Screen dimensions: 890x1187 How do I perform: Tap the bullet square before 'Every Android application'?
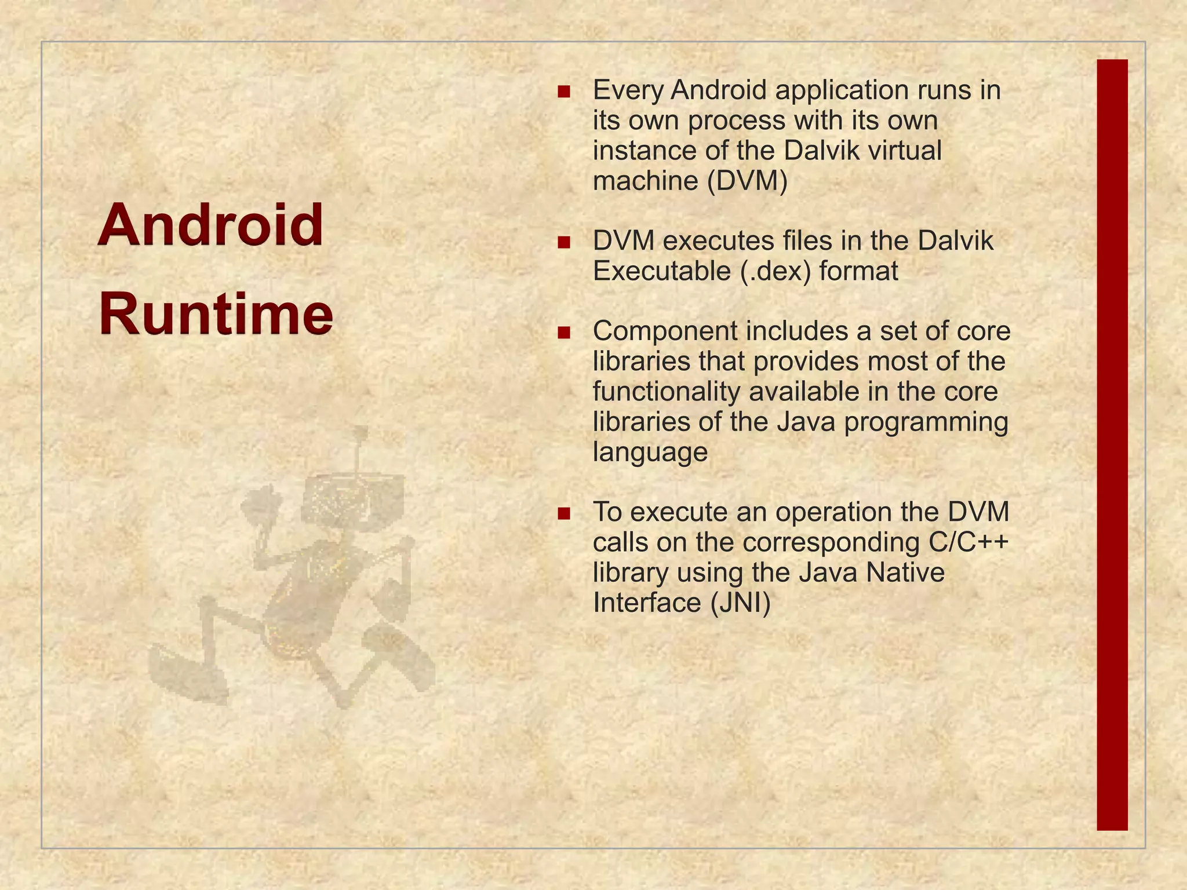(x=563, y=92)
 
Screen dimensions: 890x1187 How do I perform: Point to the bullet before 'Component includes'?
(x=563, y=333)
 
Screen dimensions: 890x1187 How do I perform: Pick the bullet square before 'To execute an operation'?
(x=563, y=513)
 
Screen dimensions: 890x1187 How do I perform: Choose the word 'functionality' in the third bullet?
(x=667, y=392)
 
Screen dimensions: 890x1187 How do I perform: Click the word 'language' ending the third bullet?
(x=650, y=452)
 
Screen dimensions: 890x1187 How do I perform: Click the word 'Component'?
(x=665, y=331)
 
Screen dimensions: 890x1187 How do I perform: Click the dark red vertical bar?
(x=1112, y=445)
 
